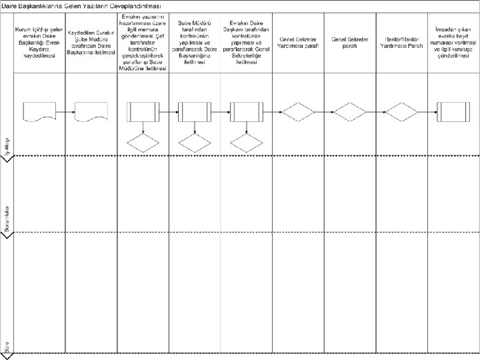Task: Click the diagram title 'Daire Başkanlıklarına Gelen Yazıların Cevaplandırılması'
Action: [83, 6]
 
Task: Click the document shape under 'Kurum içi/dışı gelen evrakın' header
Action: [39, 111]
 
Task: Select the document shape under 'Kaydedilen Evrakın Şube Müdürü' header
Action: [91, 111]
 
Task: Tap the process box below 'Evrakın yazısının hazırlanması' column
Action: [143, 111]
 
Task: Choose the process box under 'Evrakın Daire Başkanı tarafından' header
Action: [246, 111]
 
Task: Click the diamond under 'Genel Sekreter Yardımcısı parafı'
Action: [298, 111]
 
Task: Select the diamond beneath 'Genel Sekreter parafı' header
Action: [350, 111]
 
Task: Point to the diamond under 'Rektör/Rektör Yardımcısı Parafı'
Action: [402, 111]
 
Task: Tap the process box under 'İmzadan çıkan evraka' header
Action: [454, 111]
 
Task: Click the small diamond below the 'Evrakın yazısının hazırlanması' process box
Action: [143, 143]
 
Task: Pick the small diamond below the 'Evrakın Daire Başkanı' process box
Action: [246, 143]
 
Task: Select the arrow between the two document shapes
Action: [65, 111]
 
